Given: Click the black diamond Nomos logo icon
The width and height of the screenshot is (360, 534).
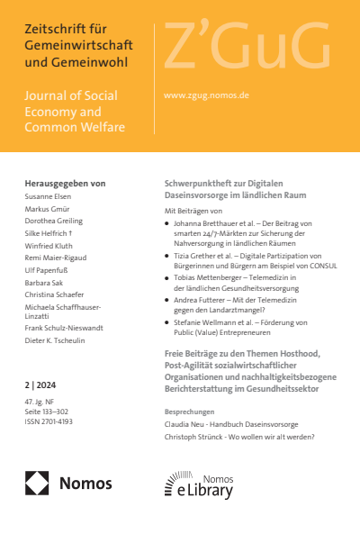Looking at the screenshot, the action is pyautogui.click(x=37, y=484).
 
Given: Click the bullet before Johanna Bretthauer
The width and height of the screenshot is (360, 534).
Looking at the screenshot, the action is pyautogui.click(x=168, y=222).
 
